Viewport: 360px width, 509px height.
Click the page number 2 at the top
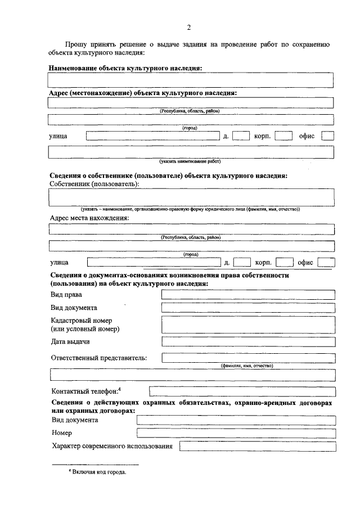[x=189, y=28]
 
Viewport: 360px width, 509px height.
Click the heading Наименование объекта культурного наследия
[x=125, y=68]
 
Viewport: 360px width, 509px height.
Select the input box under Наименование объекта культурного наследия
[x=191, y=79]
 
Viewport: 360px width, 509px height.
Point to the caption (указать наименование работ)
[x=191, y=161]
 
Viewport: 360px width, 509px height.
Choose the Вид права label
[x=66, y=295]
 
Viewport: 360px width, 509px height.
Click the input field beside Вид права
[x=248, y=295]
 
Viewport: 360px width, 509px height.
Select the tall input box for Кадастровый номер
[x=248, y=325]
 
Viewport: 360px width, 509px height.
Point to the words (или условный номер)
[x=85, y=329]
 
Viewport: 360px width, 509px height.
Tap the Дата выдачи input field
[x=248, y=341]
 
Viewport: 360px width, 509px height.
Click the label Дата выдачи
[x=70, y=341]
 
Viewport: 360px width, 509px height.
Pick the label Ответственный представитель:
[x=99, y=358]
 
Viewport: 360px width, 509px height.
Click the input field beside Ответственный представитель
[x=248, y=358]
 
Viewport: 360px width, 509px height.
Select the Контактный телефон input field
[x=242, y=391]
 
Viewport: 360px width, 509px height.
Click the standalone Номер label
[x=61, y=433]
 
